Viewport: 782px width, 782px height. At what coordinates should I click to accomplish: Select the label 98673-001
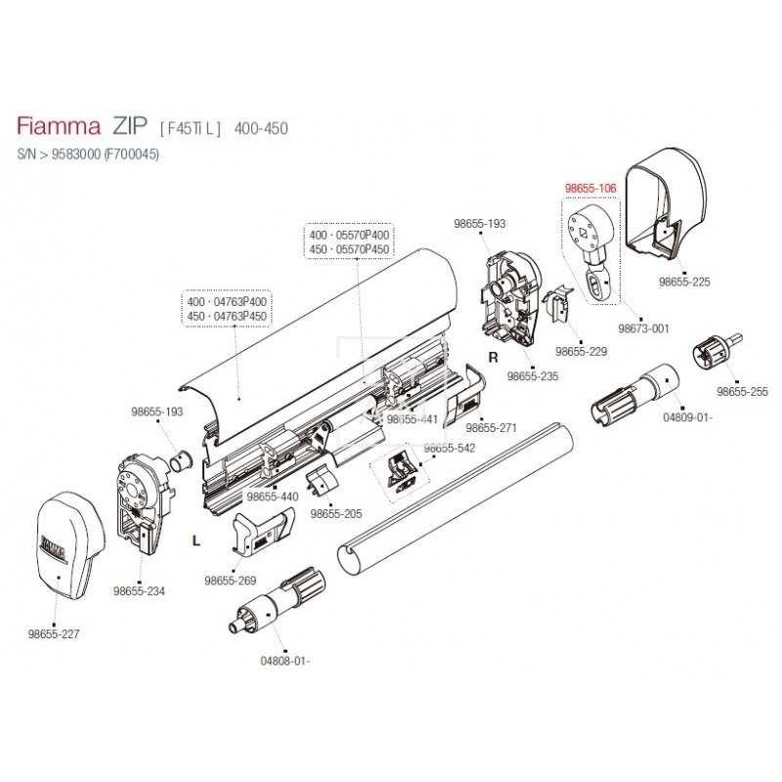pyautogui.click(x=645, y=327)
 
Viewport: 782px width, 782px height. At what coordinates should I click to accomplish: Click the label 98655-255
pyautogui.click(x=742, y=391)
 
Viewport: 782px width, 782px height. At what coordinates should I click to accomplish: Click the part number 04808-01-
pyautogui.click(x=285, y=660)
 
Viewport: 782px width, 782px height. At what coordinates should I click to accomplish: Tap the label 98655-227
pyautogui.click(x=55, y=633)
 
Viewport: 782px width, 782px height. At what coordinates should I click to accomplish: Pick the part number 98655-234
pyautogui.click(x=138, y=591)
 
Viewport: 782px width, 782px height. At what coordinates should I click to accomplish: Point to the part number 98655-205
pyautogui.click(x=334, y=513)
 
